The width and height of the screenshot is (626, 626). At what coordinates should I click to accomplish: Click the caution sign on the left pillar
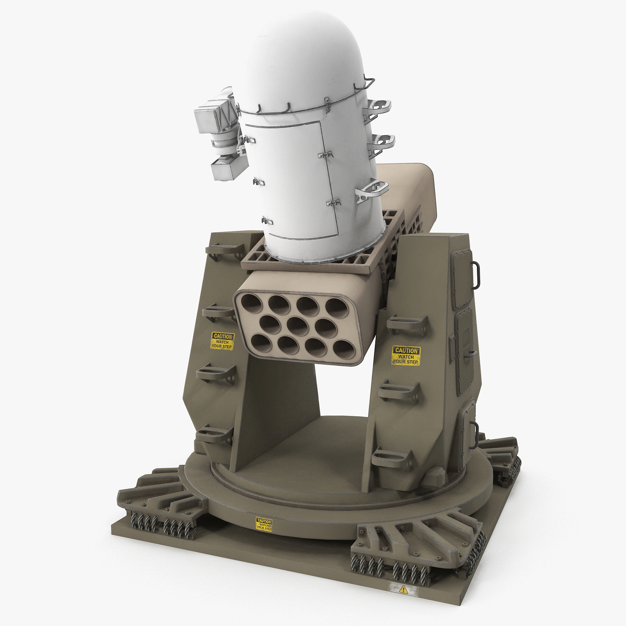(x=222, y=341)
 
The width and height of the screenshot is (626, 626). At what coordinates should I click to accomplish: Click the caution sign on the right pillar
(x=406, y=356)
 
